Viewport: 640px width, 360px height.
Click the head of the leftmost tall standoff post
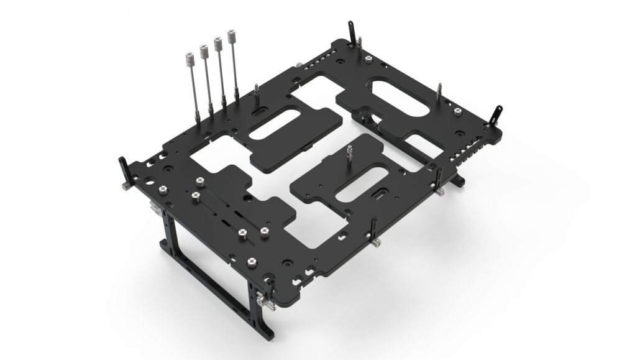pyautogui.click(x=188, y=59)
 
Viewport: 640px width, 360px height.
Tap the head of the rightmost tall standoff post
pyautogui.click(x=233, y=37)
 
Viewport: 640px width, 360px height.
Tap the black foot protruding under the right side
pyautogui.click(x=459, y=180)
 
